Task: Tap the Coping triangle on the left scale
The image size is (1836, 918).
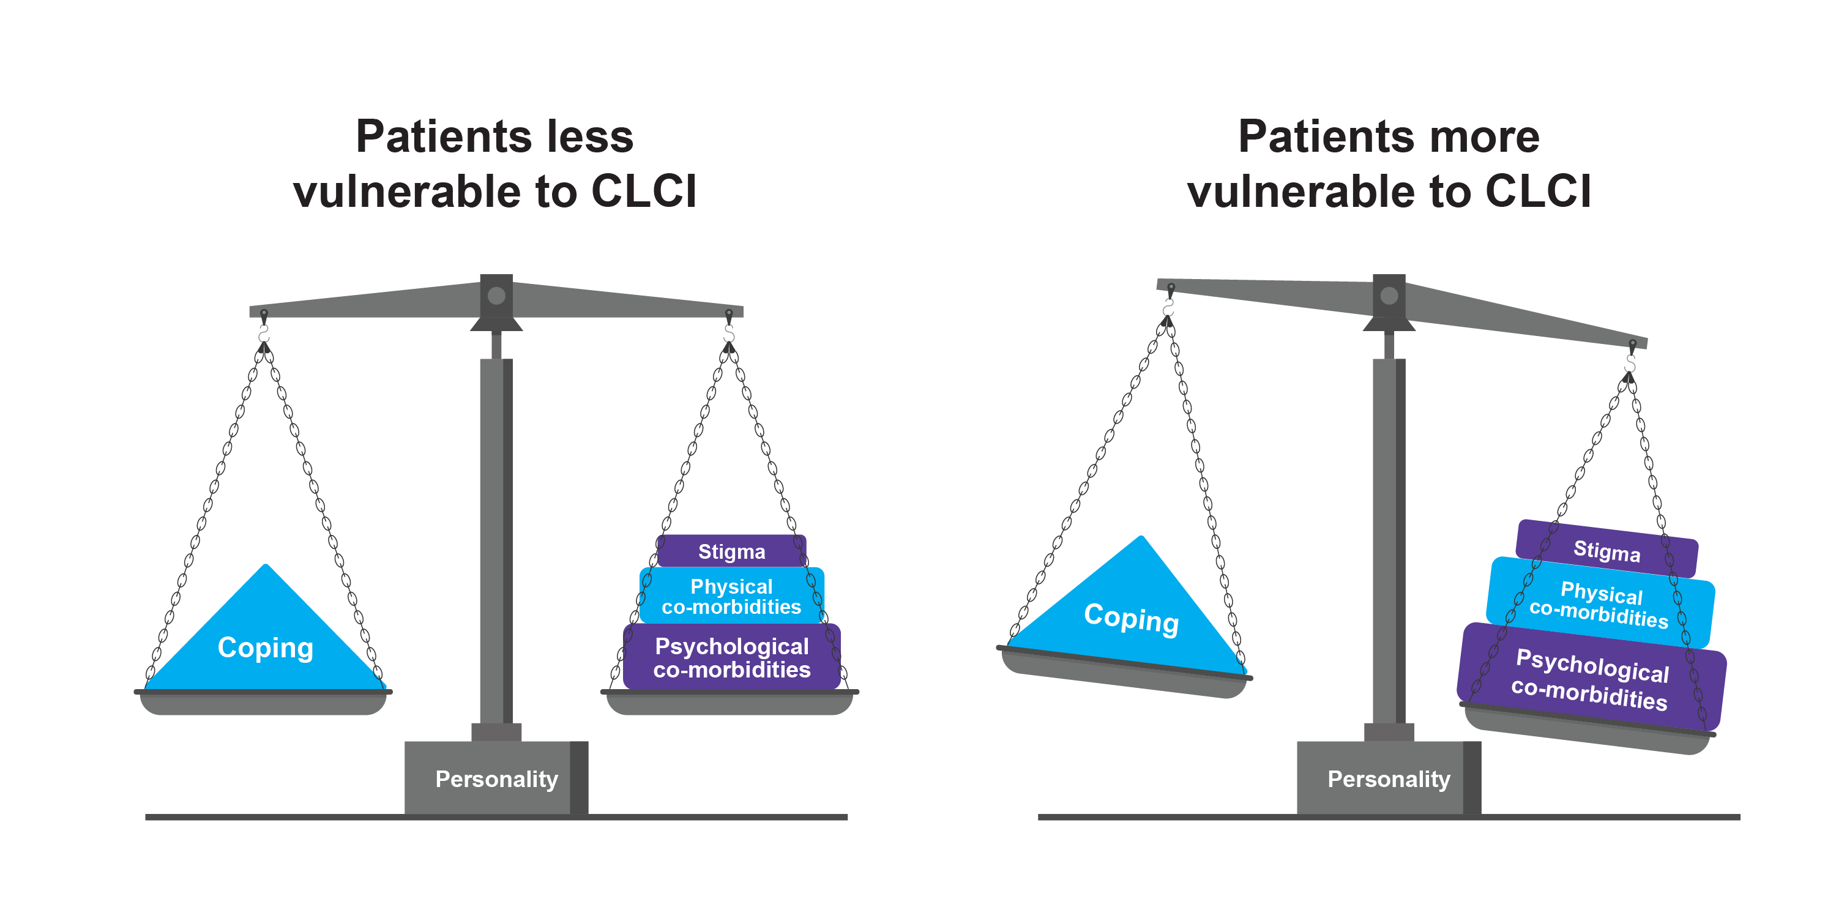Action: pos(265,641)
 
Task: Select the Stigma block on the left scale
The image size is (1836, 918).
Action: pos(731,551)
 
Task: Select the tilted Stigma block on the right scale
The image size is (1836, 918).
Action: pos(1606,550)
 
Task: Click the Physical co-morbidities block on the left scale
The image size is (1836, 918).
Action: pos(731,596)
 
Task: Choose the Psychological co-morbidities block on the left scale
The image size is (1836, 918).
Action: pos(731,657)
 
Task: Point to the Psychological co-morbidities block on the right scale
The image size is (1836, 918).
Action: pos(1591,679)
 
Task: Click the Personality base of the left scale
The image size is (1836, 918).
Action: pos(496,778)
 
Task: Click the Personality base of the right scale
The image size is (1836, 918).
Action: pos(1389,778)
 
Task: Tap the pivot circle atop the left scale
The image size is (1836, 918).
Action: pos(497,296)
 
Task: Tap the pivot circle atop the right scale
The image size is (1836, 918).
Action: pos(1389,296)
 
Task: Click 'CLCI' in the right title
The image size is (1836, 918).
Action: pos(1537,192)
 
